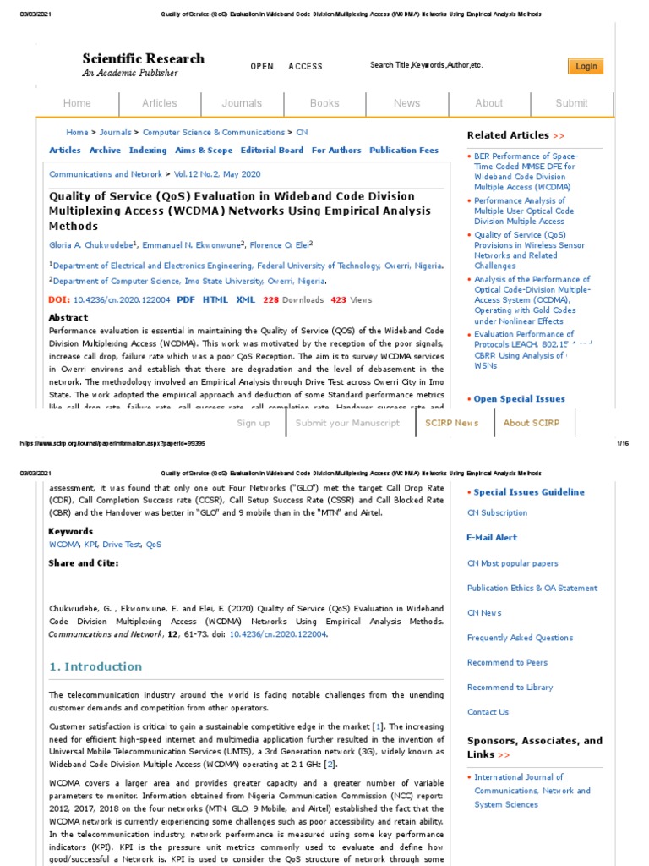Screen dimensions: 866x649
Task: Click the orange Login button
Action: pyautogui.click(x=586, y=67)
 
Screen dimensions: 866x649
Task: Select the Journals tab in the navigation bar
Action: pyautogui.click(x=242, y=103)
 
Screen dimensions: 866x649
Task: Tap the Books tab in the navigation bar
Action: pyautogui.click(x=324, y=103)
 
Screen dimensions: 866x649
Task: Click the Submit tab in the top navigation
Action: pyautogui.click(x=571, y=103)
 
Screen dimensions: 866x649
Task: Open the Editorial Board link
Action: pyautogui.click(x=271, y=151)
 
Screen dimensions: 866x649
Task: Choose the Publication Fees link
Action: pyautogui.click(x=404, y=151)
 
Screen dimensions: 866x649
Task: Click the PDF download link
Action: pyautogui.click(x=186, y=299)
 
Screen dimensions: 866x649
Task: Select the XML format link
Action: pyautogui.click(x=245, y=299)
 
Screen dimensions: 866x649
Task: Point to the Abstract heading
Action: pyautogui.click(x=68, y=318)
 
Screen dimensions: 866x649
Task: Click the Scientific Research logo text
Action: pyautogui.click(x=143, y=59)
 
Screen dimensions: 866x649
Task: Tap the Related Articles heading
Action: pyautogui.click(x=508, y=135)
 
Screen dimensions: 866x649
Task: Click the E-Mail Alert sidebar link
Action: pyautogui.click(x=492, y=538)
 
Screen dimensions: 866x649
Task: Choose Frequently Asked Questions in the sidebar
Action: pyautogui.click(x=520, y=638)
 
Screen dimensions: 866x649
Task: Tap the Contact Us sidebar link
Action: pyautogui.click(x=488, y=712)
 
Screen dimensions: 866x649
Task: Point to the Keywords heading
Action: pyautogui.click(x=71, y=532)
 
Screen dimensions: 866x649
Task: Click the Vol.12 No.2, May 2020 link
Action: pyautogui.click(x=218, y=174)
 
